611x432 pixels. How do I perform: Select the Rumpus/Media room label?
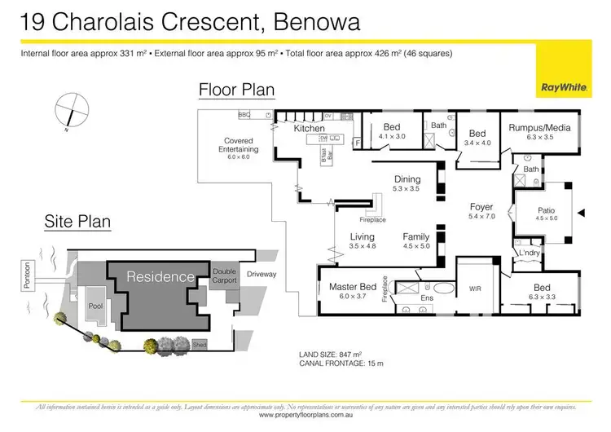(x=539, y=128)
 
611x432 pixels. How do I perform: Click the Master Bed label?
(x=353, y=287)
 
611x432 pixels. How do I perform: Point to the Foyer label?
(x=481, y=207)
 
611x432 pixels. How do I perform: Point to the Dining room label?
(x=407, y=179)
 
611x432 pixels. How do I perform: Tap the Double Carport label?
(x=224, y=276)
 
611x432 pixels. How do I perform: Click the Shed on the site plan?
(x=200, y=346)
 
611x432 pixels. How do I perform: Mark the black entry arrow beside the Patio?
(x=581, y=212)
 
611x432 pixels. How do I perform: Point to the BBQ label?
(x=243, y=115)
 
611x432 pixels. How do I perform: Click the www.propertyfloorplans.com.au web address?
(x=305, y=415)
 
